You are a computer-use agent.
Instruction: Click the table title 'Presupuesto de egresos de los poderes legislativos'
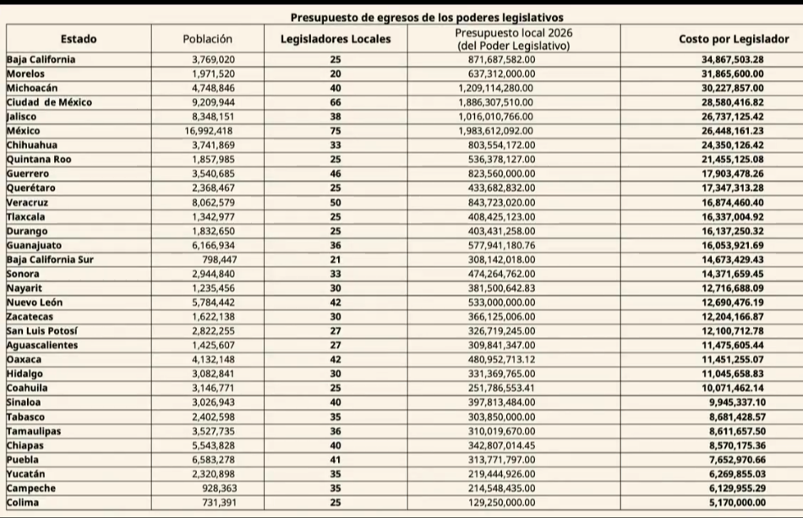pos(427,17)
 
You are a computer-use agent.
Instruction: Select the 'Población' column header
pos(207,39)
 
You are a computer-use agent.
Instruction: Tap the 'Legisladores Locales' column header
pos(336,39)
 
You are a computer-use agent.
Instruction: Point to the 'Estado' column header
pos(79,39)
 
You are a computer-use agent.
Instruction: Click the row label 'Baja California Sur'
pos(50,259)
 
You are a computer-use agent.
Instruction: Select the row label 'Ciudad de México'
pos(49,102)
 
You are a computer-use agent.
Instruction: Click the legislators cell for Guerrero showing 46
pos(336,173)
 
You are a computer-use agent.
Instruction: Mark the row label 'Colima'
pos(23,503)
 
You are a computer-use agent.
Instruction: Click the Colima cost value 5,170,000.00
pos(728,503)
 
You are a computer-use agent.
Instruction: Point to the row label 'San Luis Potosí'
pos(42,330)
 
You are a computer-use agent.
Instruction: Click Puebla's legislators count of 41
pos(336,460)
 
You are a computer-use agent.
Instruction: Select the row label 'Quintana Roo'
pos(39,159)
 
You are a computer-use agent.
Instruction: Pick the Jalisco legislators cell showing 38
pos(336,117)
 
